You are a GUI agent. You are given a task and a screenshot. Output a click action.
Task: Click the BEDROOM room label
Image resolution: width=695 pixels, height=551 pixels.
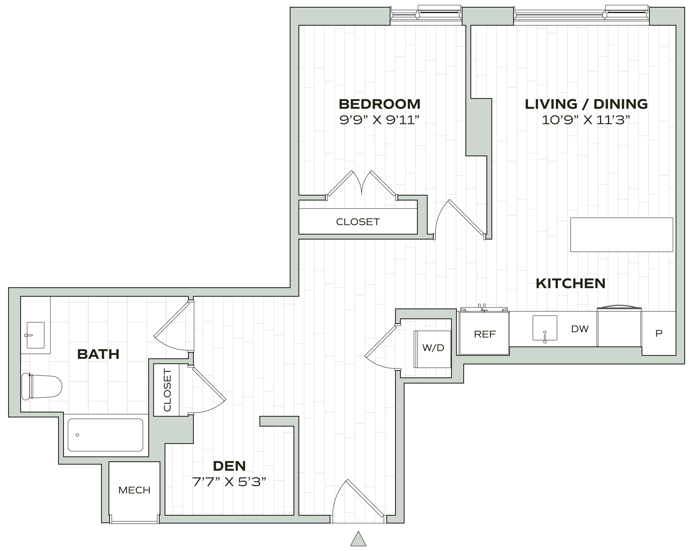379,104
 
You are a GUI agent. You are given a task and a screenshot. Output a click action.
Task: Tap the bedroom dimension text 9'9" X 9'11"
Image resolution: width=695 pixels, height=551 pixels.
379,120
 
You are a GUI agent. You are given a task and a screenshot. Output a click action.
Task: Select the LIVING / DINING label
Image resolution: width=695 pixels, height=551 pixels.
586,104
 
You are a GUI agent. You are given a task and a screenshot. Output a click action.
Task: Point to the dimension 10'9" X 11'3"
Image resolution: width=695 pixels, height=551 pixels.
586,120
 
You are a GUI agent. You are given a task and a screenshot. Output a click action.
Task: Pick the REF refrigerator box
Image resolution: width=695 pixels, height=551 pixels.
484,334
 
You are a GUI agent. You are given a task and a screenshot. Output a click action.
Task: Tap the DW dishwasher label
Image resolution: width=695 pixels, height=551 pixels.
580,329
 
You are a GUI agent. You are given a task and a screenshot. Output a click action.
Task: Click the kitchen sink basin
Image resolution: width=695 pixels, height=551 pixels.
545,328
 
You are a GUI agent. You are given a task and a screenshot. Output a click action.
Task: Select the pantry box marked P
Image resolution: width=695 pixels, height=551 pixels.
659,333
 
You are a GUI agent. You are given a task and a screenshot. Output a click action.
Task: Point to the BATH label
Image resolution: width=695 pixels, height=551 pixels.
98,354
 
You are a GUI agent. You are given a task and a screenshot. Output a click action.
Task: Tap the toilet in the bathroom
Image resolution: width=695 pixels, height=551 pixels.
42,386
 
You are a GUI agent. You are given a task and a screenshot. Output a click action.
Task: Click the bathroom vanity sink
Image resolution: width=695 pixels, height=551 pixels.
35,335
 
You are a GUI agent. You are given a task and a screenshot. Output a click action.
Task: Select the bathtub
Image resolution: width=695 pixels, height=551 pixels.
105,435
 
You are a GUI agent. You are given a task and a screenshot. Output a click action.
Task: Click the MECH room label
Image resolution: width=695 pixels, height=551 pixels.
134,490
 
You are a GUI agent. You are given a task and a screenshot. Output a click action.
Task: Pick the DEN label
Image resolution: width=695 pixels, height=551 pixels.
229,466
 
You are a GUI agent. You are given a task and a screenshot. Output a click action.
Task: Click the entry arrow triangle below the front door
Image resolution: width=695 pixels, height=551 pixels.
358,539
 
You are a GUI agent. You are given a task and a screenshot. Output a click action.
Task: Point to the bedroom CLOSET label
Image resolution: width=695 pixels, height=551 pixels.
358,222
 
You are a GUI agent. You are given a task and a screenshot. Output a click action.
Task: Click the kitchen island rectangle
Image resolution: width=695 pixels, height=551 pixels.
621,235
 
